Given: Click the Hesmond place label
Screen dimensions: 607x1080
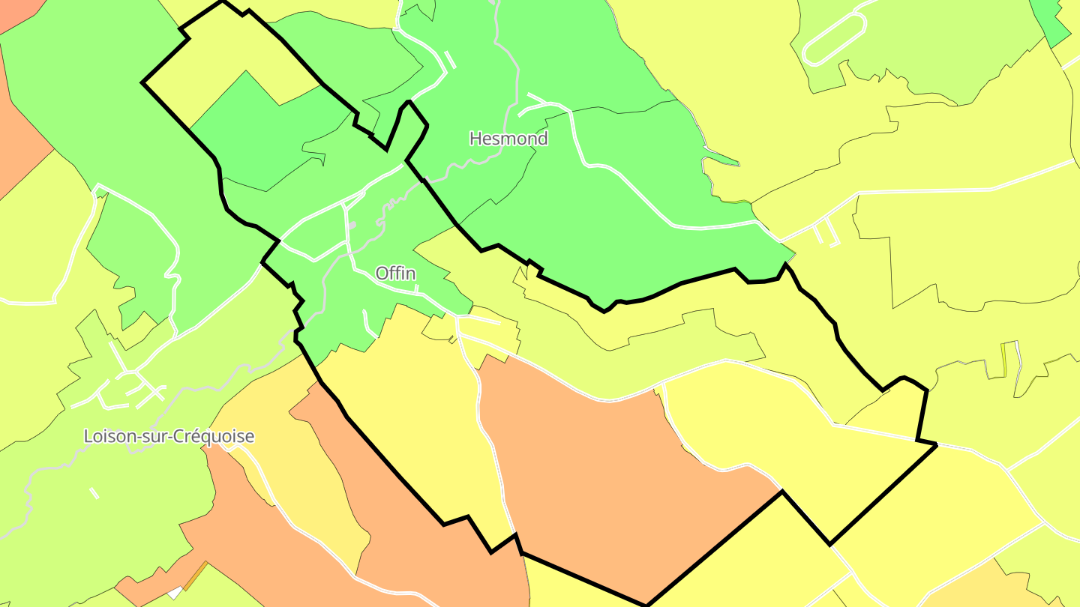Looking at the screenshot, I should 508,139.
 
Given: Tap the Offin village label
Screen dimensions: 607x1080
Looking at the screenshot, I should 396,274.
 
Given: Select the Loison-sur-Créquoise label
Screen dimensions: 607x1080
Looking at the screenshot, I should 169,436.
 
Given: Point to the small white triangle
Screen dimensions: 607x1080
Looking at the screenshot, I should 175,593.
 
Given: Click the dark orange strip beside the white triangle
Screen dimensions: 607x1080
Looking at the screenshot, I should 195,576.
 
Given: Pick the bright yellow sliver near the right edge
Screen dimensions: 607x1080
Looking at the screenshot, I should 1004,360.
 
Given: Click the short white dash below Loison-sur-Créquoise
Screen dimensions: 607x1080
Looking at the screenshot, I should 94,492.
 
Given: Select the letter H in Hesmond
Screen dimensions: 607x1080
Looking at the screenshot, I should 475,139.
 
